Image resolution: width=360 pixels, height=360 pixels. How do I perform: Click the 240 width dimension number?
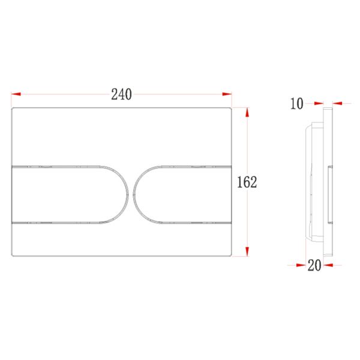click(121, 94)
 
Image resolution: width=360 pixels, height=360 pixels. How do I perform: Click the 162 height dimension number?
click(247, 182)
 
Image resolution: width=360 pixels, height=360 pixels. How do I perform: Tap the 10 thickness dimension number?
click(297, 104)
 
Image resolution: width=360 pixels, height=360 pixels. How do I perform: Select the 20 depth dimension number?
click(314, 265)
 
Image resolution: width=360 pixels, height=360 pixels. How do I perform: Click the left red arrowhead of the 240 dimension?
click(16, 94)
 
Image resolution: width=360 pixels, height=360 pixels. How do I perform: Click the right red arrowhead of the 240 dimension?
click(227, 94)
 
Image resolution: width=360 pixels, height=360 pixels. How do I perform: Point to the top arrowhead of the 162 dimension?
click(247, 112)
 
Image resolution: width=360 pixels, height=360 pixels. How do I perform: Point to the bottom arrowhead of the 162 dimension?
click(247, 251)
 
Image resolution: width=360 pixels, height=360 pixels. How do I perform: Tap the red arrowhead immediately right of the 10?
click(319, 104)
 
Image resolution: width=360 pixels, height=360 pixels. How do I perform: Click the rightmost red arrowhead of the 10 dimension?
click(337, 104)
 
